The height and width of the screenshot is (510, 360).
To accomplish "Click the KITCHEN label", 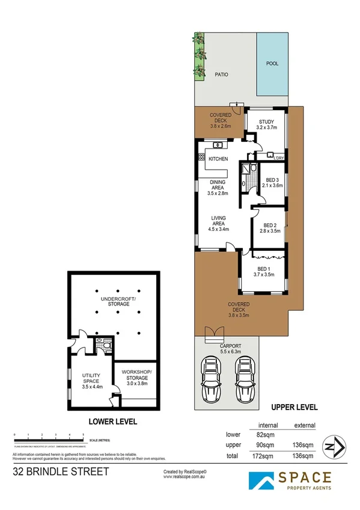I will coord(218,159).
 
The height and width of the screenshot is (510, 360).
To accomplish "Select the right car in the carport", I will coord(245,381).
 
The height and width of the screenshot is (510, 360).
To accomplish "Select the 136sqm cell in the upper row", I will coord(304,446).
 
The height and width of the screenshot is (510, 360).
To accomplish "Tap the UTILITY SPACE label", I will coord(92,378).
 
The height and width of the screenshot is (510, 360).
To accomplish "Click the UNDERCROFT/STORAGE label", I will coord(119,302).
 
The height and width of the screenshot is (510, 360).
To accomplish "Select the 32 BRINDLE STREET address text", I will coord(61,472).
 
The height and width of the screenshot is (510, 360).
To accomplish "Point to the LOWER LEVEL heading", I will coord(114,422).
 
